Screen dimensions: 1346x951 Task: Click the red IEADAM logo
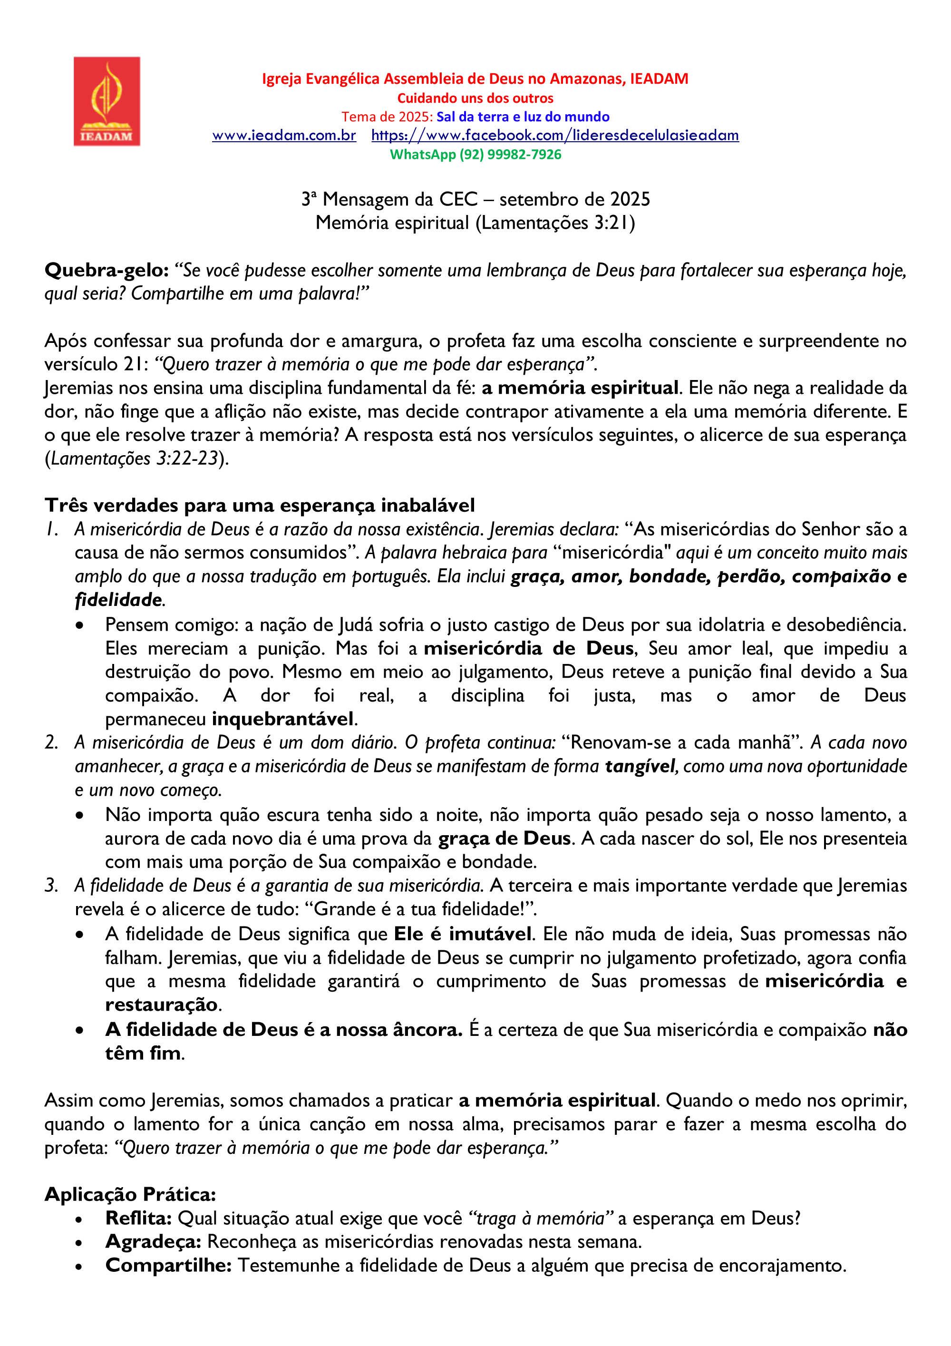[x=107, y=101]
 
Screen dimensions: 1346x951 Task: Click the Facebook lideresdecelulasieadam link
[x=554, y=136]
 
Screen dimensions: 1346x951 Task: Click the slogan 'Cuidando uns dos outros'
[x=475, y=98]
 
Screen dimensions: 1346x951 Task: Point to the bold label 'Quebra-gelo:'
[x=107, y=270]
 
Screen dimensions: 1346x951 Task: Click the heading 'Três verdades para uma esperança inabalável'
[x=260, y=505]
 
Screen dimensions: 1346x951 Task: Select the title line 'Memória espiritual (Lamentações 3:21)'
[x=475, y=223]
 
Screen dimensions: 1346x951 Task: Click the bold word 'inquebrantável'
[x=283, y=719]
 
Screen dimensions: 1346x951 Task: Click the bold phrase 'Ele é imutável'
[x=463, y=934]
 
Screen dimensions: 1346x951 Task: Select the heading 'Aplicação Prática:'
[x=130, y=1194]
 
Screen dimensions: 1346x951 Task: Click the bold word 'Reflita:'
[x=138, y=1218]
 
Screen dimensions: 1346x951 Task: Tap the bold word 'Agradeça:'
[x=154, y=1242]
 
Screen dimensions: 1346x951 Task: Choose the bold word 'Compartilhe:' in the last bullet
[x=169, y=1265]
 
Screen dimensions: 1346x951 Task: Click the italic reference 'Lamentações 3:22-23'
[x=134, y=458]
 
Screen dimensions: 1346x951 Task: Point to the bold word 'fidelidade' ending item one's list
[x=118, y=600]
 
